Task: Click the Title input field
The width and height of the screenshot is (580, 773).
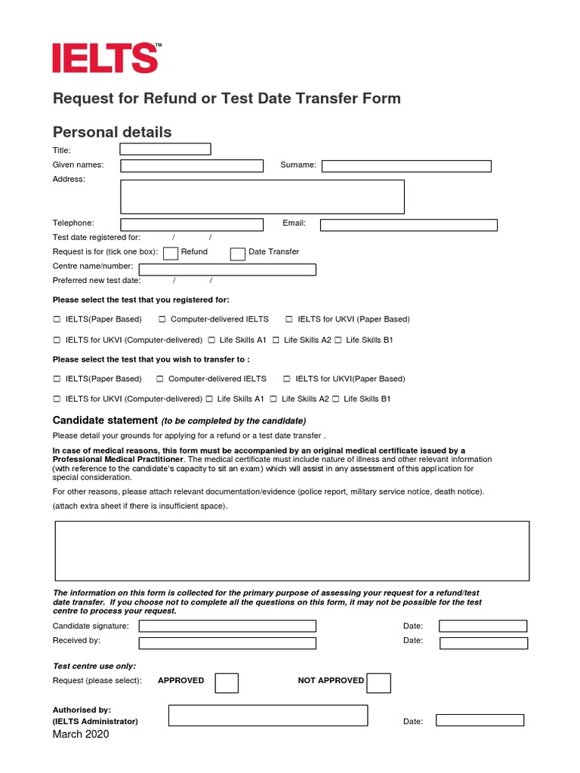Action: click(165, 149)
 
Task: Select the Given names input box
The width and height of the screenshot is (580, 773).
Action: click(192, 166)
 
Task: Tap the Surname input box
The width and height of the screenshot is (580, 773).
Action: click(406, 166)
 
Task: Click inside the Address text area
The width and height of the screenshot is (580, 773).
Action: click(262, 196)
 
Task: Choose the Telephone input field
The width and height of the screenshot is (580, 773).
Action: click(192, 224)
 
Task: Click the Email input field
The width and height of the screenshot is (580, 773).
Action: click(409, 225)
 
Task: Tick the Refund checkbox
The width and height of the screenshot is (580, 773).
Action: click(171, 254)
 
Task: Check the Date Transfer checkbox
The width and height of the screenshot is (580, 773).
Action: click(237, 254)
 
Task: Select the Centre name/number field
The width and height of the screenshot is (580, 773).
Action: click(227, 269)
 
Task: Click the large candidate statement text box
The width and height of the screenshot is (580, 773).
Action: click(292, 550)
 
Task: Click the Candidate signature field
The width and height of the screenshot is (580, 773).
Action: click(227, 626)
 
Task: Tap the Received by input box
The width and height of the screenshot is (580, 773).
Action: click(227, 643)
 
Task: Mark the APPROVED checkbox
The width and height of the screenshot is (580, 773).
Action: click(227, 683)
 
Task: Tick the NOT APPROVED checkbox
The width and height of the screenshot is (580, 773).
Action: click(378, 683)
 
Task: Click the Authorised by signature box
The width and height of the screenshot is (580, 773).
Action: click(268, 715)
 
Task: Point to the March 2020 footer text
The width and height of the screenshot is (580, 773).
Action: click(81, 735)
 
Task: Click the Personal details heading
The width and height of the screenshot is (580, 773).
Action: click(112, 132)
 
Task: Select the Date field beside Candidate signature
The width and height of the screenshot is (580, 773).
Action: click(483, 626)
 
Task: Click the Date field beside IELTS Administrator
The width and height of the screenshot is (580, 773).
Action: click(480, 721)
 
